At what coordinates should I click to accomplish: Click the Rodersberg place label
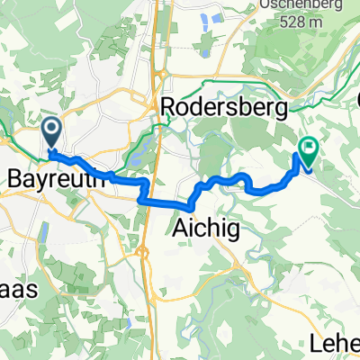(224, 107)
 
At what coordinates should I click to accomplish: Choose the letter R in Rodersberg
(168, 107)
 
